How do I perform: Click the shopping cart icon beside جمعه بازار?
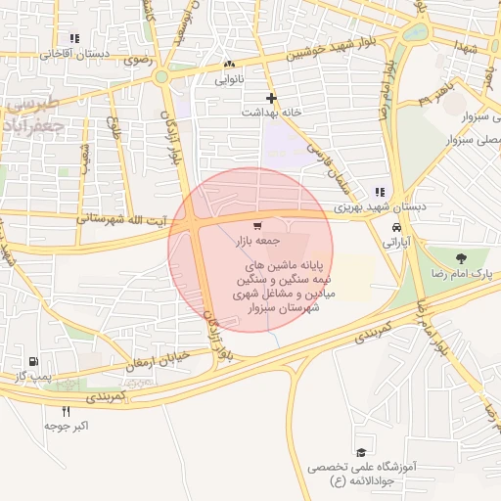click(257, 226)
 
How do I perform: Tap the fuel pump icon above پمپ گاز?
click(36, 361)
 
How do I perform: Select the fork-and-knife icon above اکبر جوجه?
click(67, 411)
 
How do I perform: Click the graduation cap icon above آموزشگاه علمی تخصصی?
click(361, 453)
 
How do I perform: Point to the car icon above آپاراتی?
click(396, 227)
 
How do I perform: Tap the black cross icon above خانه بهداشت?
click(271, 98)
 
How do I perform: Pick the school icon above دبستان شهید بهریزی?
click(380, 192)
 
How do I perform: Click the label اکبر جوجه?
click(67, 427)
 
